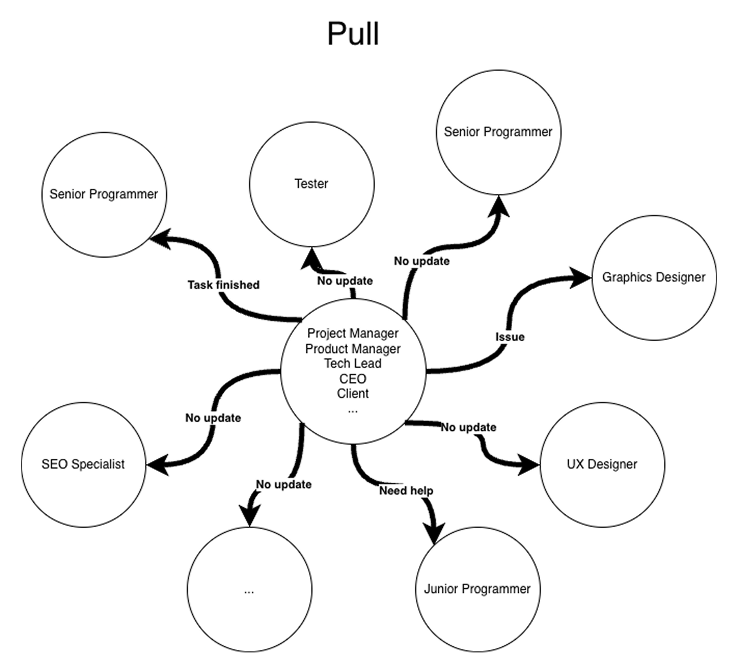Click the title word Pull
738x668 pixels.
353,34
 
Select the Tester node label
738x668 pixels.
311,184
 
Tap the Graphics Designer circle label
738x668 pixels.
653,277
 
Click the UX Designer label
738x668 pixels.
602,464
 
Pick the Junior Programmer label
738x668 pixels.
477,589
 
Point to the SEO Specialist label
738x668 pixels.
83,464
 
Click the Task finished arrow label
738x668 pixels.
223,285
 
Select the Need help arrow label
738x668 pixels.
406,491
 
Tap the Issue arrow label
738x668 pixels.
510,337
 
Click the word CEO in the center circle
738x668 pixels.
353,379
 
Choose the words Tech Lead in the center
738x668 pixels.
353,364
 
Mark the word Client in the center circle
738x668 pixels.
353,394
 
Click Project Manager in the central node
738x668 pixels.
353,333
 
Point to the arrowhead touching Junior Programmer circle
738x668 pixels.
433,532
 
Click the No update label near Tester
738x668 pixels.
345,281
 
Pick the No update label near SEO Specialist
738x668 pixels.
213,418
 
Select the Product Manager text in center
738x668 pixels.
353,349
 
